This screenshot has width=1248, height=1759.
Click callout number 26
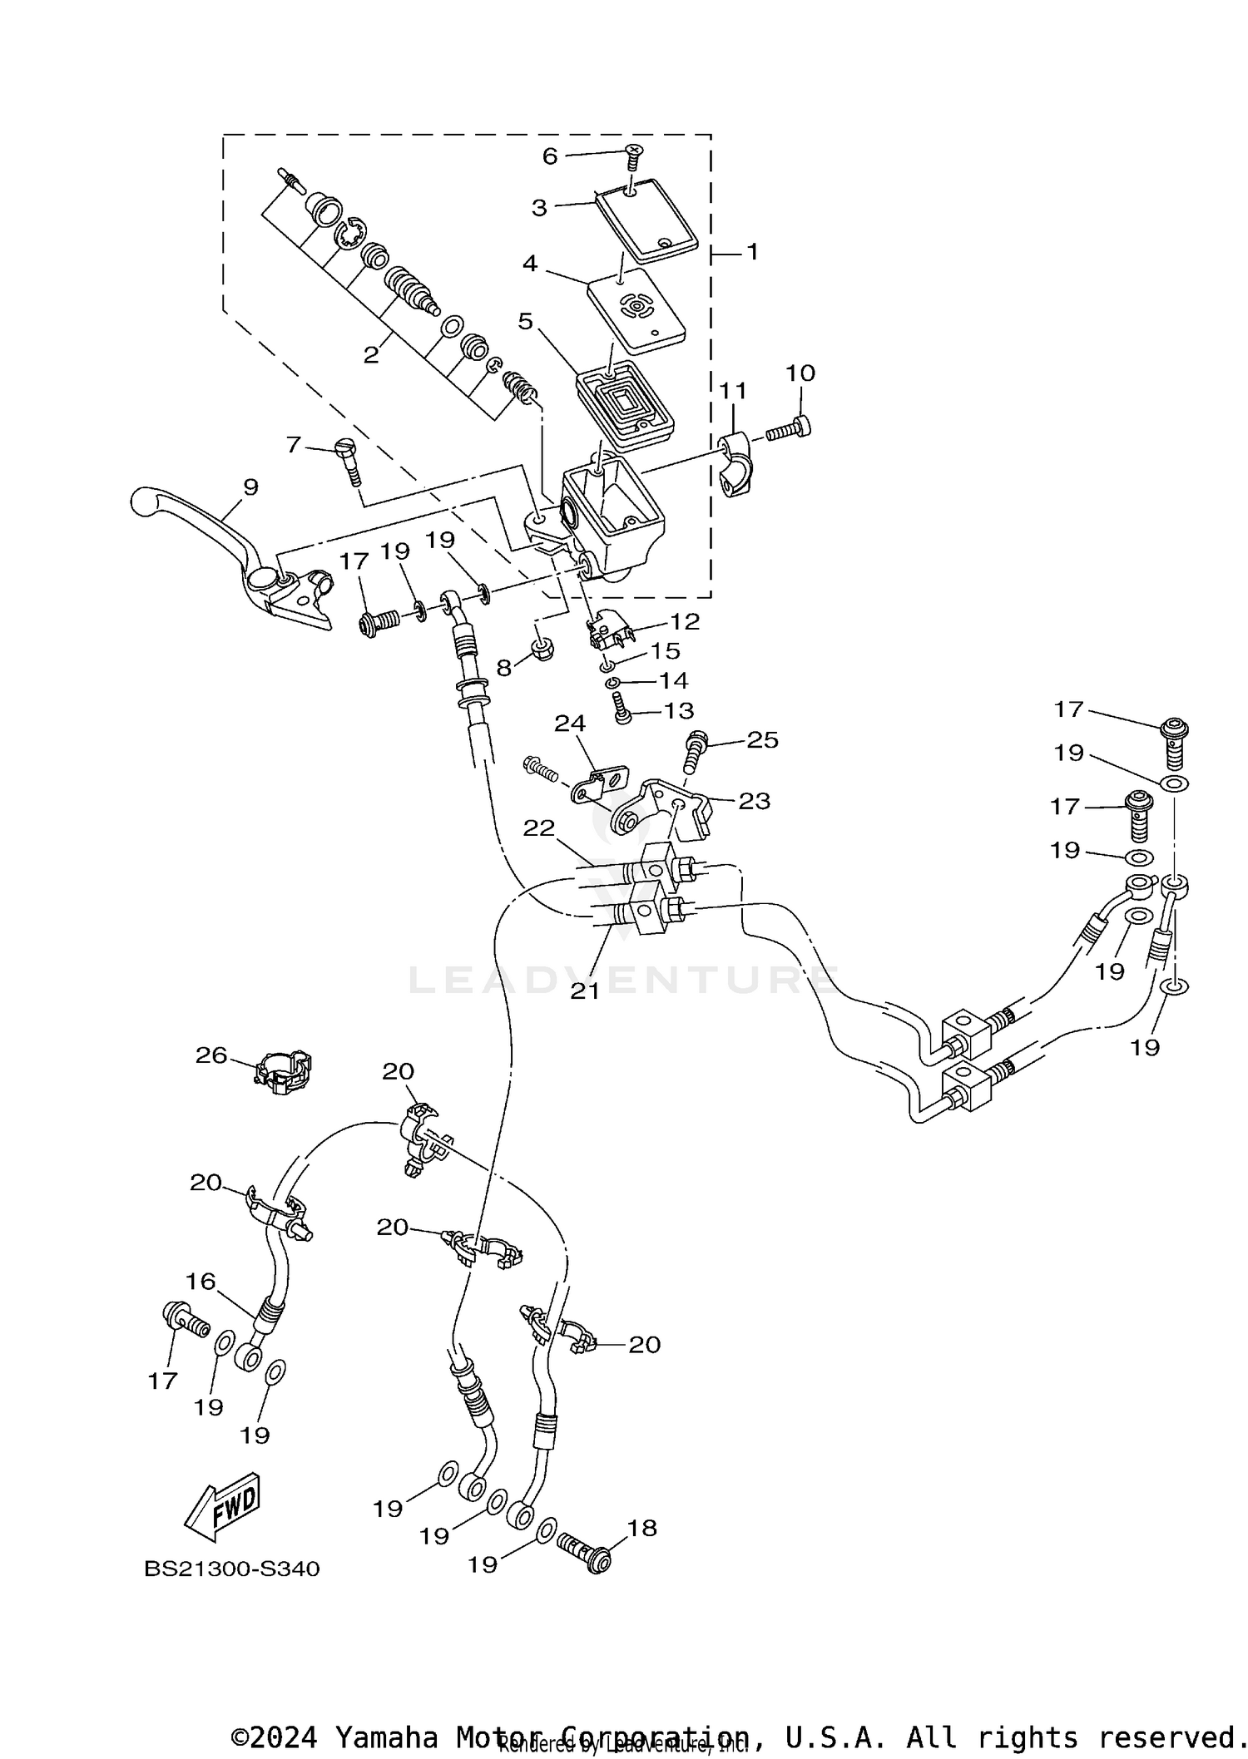[x=211, y=1055]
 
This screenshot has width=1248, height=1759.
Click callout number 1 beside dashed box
[x=752, y=251]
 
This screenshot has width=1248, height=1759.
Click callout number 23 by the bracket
[x=754, y=801]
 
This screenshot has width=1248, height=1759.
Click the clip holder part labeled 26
[x=283, y=1073]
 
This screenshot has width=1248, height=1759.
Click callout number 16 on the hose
[x=201, y=1282]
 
